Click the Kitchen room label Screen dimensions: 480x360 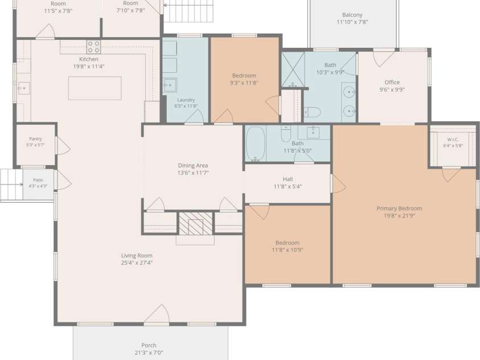tap(89, 59)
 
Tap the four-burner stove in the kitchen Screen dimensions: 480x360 tap(93, 47)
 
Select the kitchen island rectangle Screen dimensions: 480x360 tap(95, 88)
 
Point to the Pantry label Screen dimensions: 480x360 tap(35, 139)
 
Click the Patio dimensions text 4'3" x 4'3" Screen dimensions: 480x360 tap(38, 186)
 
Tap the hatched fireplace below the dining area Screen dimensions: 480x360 tap(196, 223)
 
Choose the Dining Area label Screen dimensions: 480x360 tap(193, 166)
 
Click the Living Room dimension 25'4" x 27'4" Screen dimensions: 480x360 tap(137, 263)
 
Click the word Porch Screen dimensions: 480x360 tap(149, 345)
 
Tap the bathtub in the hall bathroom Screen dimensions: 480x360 tap(255, 144)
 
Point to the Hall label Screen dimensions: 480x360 tap(288, 179)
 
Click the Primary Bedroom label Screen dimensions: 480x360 tap(399, 208)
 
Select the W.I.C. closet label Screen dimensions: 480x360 tap(453, 140)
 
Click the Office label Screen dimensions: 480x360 tap(392, 83)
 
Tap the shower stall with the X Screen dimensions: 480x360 tap(293, 69)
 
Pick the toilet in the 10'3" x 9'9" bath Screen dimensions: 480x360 tap(312, 112)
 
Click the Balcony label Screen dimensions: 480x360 tap(352, 15)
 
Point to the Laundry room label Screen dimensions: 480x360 tap(186, 100)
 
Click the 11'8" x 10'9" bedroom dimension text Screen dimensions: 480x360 tap(288, 250)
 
